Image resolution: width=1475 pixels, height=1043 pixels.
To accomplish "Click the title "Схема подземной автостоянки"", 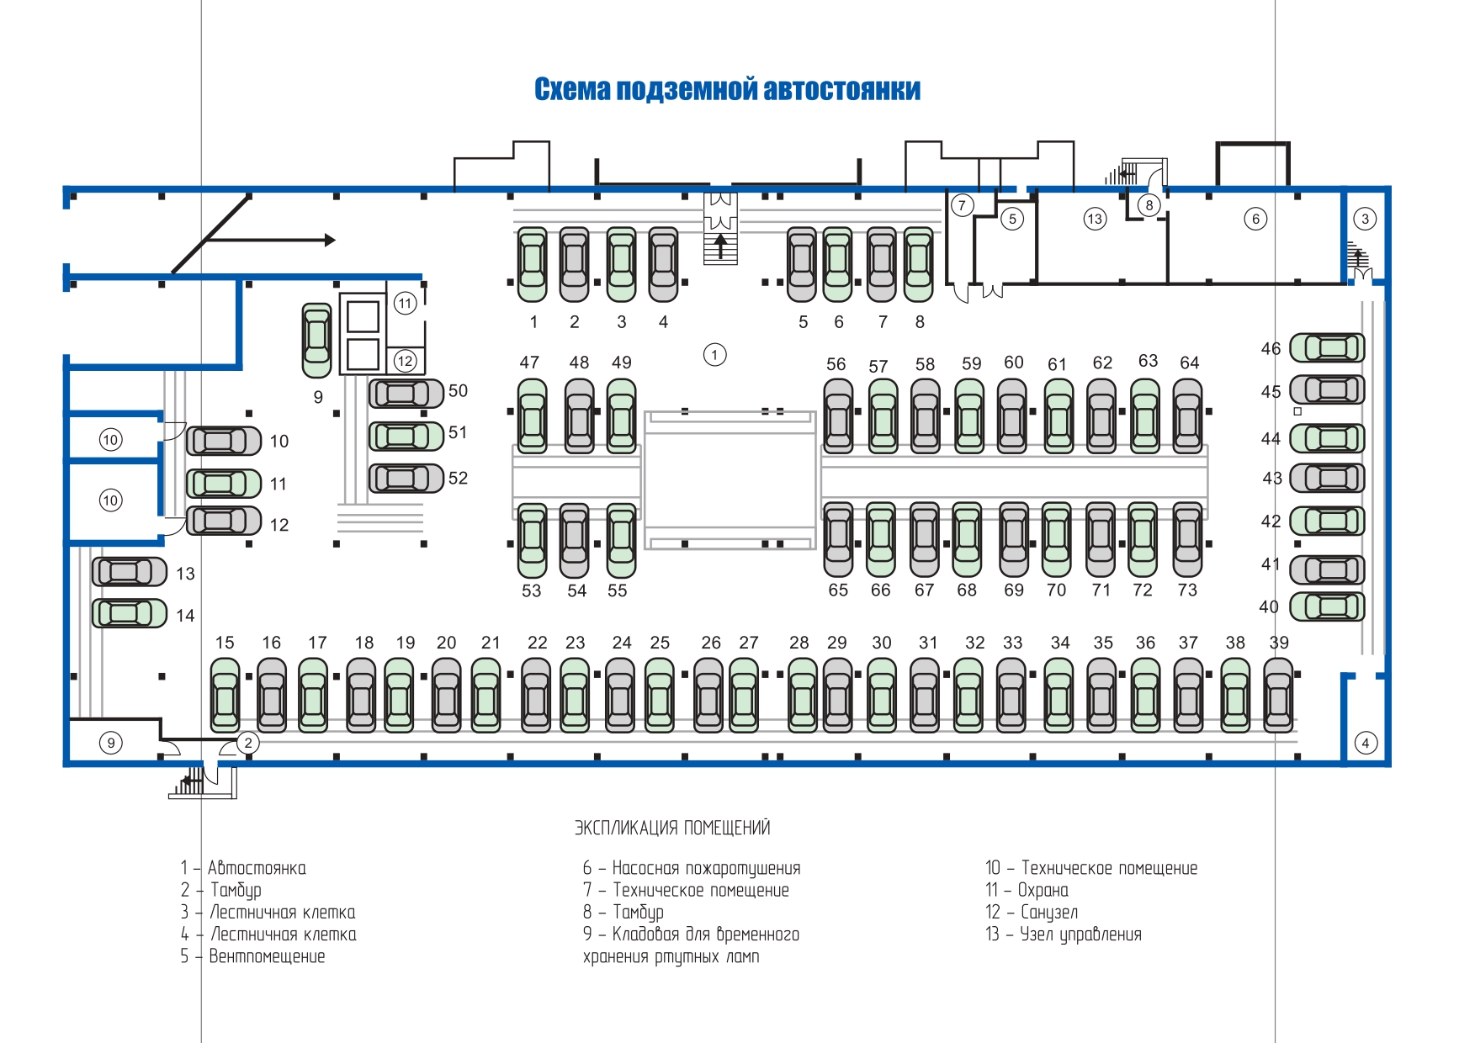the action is [727, 89].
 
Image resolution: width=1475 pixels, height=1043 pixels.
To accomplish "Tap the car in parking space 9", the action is [317, 340].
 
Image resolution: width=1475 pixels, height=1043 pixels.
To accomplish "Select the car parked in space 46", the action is [1328, 347].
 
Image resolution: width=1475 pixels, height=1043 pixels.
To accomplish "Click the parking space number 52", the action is [458, 478].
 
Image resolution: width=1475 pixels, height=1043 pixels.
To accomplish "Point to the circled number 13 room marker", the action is [1094, 219].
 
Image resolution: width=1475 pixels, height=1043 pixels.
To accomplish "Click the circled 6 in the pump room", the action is [1255, 219].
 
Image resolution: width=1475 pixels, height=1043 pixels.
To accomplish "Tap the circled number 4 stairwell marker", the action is [1366, 743].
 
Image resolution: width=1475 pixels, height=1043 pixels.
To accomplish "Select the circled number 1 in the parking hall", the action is [714, 354].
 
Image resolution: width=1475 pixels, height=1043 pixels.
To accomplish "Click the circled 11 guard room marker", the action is [406, 303].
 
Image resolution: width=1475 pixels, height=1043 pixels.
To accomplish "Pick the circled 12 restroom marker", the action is [406, 361].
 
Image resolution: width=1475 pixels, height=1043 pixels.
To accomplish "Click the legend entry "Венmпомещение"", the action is [252, 956].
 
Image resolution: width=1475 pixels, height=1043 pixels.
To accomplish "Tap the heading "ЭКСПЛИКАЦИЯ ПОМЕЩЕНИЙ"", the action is [672, 828].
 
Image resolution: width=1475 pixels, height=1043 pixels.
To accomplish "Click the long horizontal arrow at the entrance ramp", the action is [270, 240].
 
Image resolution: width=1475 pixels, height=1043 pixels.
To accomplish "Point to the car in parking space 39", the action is [1278, 695].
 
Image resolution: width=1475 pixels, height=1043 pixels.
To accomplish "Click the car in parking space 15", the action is [225, 695].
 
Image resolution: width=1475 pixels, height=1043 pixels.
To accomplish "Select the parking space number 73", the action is [1187, 590].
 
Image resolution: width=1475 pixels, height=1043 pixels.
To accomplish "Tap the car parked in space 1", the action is [532, 264].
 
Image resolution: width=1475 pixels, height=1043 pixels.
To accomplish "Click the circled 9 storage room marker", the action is [111, 743].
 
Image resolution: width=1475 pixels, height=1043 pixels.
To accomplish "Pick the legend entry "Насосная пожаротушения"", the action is [692, 868].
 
